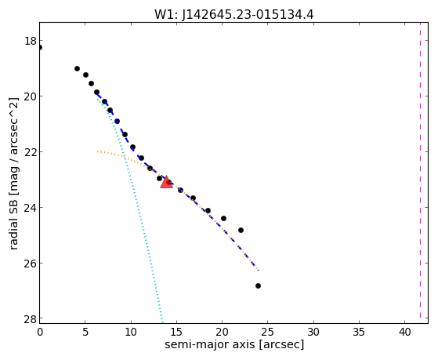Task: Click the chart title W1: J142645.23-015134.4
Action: point(234,15)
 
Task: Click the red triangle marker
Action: point(166,182)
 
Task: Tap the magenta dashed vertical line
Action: point(420,170)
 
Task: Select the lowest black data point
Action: point(258,285)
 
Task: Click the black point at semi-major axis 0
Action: point(40,48)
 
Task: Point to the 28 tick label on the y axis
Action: point(31,319)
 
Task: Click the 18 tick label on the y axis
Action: point(31,41)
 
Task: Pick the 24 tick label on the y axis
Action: point(31,208)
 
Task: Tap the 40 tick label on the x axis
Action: point(405,332)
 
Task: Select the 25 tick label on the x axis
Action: point(268,332)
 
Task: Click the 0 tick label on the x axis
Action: point(40,332)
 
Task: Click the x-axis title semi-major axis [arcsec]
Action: point(234,344)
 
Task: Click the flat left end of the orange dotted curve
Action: point(97,151)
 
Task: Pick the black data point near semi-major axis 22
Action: point(241,231)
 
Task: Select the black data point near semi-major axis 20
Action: point(223,219)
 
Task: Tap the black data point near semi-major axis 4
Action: point(77,68)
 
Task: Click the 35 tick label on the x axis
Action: point(359,332)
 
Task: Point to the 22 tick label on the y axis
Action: point(31,152)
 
